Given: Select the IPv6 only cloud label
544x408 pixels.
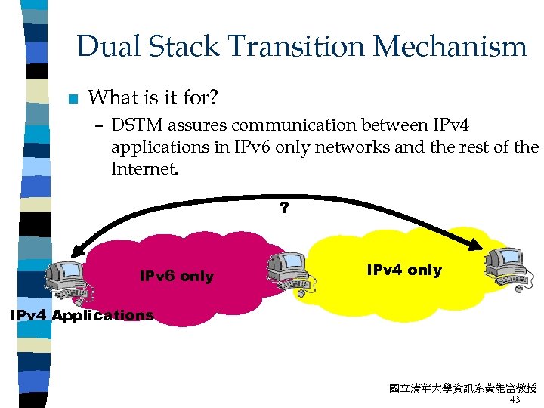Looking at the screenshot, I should coord(177,277).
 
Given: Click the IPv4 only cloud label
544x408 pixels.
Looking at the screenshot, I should coord(404,270).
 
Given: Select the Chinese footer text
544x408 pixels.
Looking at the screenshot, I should coord(462,388).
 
